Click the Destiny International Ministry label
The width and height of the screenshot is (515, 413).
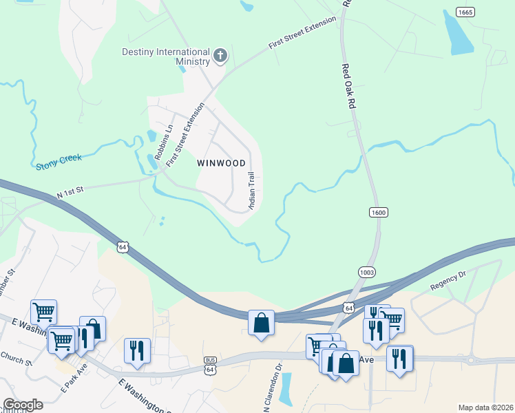pyautogui.click(x=166, y=56)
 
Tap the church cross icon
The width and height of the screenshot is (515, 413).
pyautogui.click(x=220, y=56)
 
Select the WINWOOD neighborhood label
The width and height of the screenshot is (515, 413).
pyautogui.click(x=221, y=163)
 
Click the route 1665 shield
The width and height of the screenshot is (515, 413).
pyautogui.click(x=465, y=12)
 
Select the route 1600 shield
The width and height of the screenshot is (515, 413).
pyautogui.click(x=377, y=212)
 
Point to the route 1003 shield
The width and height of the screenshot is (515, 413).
pyautogui.click(x=367, y=273)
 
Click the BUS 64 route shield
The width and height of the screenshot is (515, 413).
pyautogui.click(x=210, y=365)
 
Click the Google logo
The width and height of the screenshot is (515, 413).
pyautogui.click(x=22, y=405)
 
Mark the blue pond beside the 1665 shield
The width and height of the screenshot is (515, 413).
pyautogui.click(x=457, y=34)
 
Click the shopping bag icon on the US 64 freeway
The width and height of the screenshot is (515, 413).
pyautogui.click(x=261, y=322)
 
